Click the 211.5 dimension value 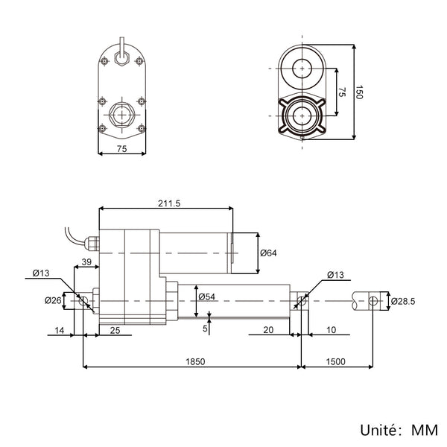[x=169, y=203]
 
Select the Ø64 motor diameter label [x=268, y=253]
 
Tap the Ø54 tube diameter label [x=206, y=297]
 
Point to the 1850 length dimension [x=195, y=361]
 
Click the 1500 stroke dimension [x=335, y=361]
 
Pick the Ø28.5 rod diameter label [x=403, y=301]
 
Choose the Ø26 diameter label [x=53, y=300]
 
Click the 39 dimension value [x=86, y=261]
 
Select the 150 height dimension [x=359, y=92]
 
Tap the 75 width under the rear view [x=121, y=149]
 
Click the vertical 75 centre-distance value [x=342, y=92]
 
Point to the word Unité [x=378, y=430]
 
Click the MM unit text [x=425, y=430]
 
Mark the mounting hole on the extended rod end [x=373, y=300]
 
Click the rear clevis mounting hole [x=83, y=300]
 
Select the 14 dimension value [x=60, y=330]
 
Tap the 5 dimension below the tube [x=205, y=329]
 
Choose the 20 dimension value [x=268, y=330]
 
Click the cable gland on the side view [x=92, y=243]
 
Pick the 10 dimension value [x=331, y=330]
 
